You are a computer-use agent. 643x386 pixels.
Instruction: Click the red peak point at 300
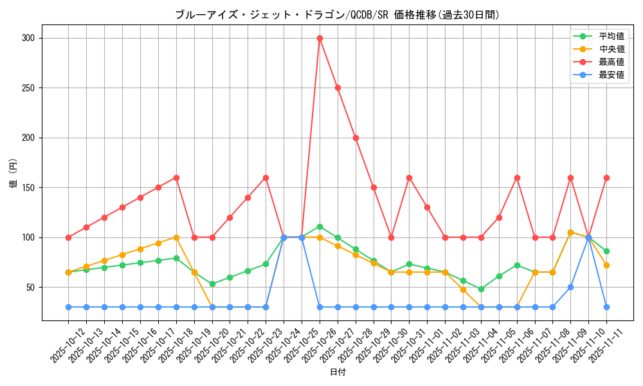click(x=320, y=38)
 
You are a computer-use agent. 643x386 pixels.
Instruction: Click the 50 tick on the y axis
click(x=30, y=288)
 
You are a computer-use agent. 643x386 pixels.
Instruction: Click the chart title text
click(x=337, y=15)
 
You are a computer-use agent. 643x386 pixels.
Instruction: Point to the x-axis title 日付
click(x=337, y=372)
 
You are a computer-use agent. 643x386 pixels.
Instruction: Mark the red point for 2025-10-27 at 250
click(x=338, y=87)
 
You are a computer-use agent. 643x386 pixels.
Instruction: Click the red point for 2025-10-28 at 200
click(x=356, y=138)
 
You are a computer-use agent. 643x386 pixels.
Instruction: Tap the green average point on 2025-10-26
click(x=320, y=226)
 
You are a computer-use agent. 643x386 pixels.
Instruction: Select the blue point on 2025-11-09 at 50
click(x=570, y=287)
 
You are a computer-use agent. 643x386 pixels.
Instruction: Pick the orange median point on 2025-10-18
click(x=176, y=237)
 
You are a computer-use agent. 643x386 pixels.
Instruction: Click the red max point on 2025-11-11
click(x=606, y=178)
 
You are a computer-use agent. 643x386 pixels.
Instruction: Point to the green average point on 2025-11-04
click(x=481, y=289)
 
